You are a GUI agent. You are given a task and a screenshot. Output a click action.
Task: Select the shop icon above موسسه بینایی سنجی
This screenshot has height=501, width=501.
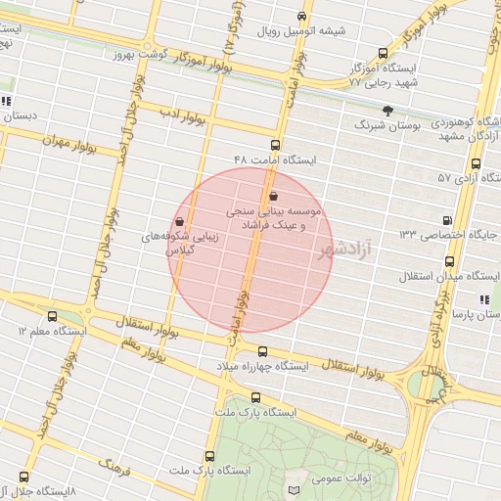(271, 196)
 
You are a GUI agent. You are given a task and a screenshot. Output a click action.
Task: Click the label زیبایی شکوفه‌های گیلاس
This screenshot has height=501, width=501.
(205, 243)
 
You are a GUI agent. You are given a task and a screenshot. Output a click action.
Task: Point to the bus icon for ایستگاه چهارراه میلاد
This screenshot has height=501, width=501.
(261, 351)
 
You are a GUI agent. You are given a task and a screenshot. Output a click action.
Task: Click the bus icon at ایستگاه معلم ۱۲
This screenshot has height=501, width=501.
(52, 316)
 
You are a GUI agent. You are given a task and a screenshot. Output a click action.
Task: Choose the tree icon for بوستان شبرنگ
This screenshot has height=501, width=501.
(387, 111)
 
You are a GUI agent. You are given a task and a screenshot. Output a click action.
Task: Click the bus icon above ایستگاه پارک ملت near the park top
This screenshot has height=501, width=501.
(256, 397)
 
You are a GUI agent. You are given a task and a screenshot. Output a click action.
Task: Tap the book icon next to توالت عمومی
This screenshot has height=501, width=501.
(296, 487)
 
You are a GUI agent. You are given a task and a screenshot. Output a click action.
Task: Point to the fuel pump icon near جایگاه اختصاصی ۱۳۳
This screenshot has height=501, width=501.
(448, 221)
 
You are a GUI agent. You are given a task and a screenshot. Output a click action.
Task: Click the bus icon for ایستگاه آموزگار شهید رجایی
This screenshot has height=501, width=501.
(382, 54)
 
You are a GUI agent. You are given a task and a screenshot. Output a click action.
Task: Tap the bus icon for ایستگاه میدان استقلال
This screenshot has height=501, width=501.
(448, 261)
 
